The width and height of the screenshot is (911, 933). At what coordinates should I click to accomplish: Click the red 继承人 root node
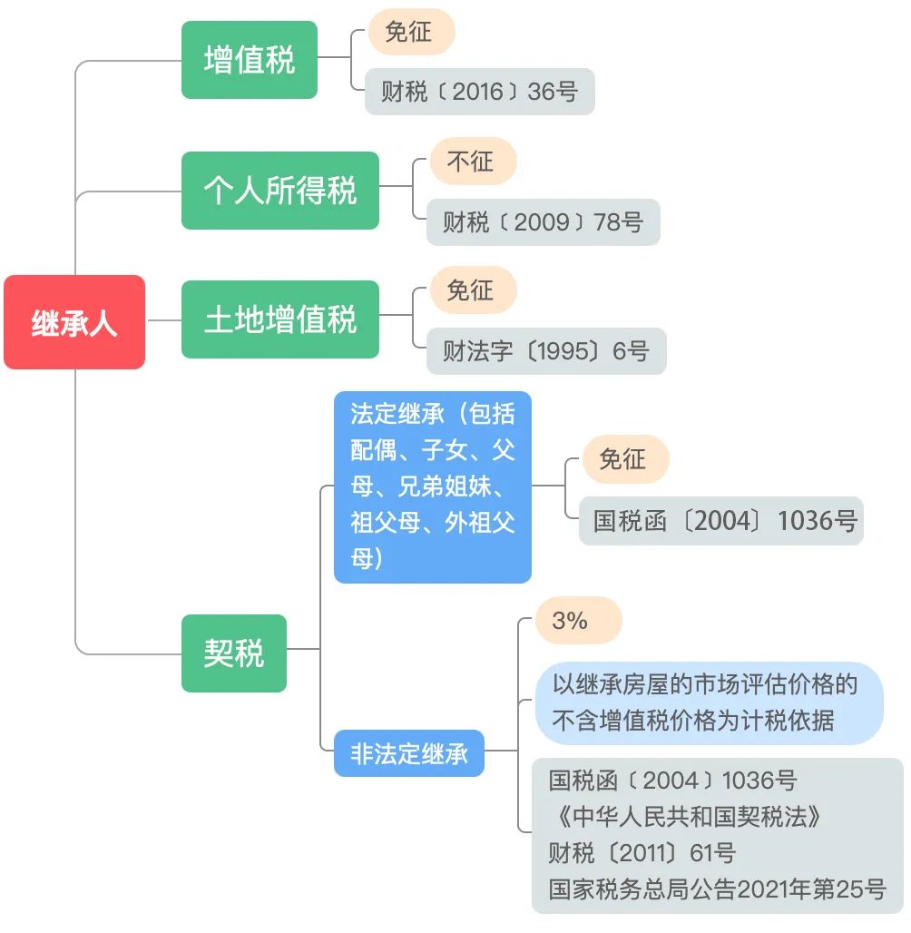tap(74, 322)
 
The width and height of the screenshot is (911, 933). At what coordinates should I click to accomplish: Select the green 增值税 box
tap(250, 60)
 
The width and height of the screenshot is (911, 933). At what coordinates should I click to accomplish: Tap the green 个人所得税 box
tap(280, 191)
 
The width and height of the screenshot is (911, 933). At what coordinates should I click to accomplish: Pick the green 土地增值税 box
tap(280, 319)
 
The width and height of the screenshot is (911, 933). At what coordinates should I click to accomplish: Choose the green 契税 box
tap(234, 653)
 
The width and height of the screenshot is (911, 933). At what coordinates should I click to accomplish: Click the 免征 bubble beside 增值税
tap(411, 32)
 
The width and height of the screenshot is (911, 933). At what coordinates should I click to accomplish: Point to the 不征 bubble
tap(473, 162)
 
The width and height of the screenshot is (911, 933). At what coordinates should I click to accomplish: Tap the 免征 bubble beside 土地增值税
tap(473, 290)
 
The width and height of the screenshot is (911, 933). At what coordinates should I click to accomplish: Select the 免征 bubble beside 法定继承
tap(625, 458)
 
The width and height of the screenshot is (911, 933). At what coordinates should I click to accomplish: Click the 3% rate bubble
tap(579, 621)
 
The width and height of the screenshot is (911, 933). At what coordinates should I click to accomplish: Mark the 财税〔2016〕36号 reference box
tap(480, 92)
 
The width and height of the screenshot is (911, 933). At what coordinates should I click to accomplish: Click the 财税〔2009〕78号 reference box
tap(544, 222)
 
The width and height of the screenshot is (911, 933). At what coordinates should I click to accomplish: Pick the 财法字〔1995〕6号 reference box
tap(546, 351)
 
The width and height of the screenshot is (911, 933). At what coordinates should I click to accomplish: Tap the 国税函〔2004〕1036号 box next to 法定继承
tap(721, 521)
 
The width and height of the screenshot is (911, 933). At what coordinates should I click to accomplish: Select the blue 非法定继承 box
tap(409, 753)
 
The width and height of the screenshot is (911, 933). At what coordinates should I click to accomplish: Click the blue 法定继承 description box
tap(433, 486)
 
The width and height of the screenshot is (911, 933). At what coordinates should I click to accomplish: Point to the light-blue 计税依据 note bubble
tap(710, 702)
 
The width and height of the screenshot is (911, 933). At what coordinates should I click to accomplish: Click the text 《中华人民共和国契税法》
tap(686, 817)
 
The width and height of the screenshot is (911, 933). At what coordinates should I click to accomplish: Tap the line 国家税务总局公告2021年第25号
tap(718, 889)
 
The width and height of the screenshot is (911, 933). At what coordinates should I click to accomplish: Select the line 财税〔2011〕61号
tap(642, 853)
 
